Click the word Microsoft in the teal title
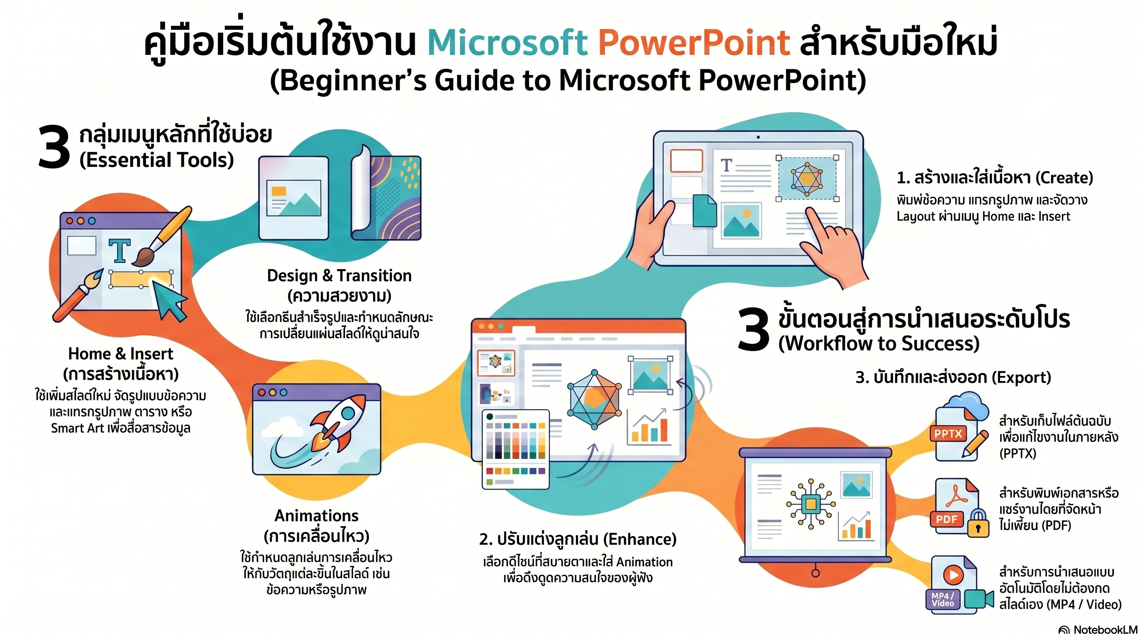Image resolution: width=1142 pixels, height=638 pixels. (507, 43)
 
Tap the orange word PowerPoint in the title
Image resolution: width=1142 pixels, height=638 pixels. (694, 43)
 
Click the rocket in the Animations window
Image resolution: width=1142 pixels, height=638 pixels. (339, 422)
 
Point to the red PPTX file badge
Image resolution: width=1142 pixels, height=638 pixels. (948, 434)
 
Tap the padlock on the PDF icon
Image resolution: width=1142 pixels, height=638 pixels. (978, 523)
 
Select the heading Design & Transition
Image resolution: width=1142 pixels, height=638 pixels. (339, 275)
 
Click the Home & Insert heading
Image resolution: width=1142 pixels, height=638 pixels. (121, 353)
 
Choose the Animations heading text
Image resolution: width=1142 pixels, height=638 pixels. (317, 515)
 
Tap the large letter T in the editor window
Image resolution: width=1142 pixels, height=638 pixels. (120, 251)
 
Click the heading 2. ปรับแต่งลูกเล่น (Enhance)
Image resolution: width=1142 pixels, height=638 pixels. (578, 539)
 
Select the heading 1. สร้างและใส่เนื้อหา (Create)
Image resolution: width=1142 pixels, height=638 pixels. (995, 178)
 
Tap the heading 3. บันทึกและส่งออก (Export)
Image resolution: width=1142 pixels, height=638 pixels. (953, 377)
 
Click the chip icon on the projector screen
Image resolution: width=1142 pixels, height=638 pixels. (811, 504)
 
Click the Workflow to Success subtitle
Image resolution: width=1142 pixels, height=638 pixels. (879, 344)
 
